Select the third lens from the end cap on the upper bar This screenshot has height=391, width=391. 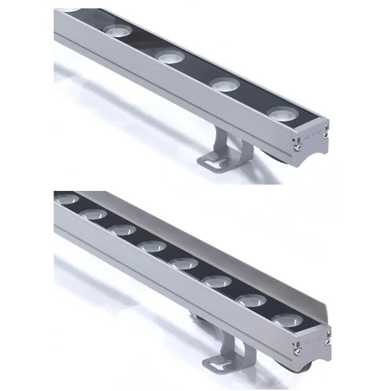(170, 57)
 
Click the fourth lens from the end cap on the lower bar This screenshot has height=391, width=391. (184, 263)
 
